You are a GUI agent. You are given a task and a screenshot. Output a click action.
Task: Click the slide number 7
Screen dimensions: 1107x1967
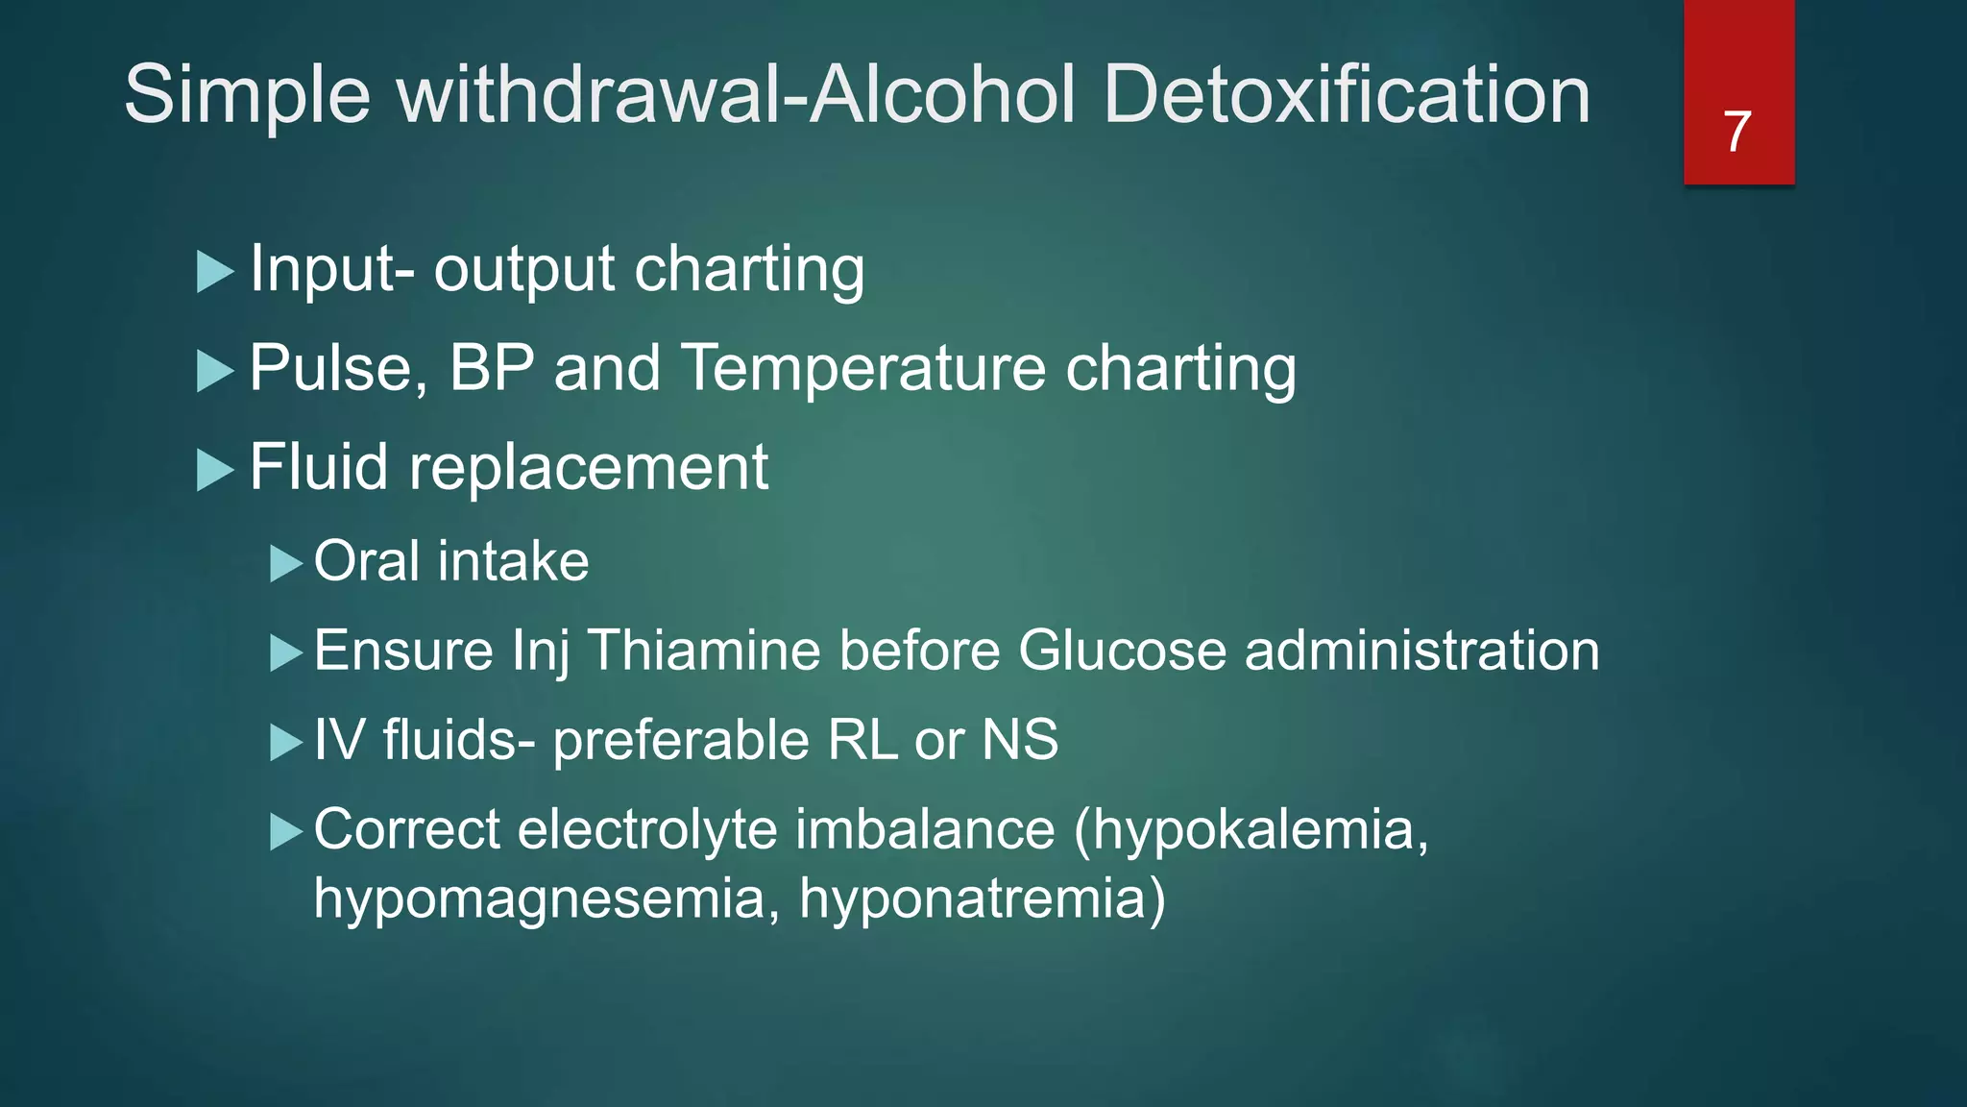click(x=1737, y=132)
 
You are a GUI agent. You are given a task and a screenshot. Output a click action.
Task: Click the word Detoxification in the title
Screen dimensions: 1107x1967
click(x=1347, y=95)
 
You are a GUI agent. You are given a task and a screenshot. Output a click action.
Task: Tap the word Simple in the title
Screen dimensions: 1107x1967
click(x=247, y=95)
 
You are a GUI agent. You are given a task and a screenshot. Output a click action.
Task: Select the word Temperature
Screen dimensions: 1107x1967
click(x=863, y=368)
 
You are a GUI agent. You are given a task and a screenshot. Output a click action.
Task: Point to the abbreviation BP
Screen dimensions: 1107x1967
click(x=492, y=368)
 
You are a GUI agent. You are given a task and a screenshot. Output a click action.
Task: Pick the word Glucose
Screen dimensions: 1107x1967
click(x=1122, y=651)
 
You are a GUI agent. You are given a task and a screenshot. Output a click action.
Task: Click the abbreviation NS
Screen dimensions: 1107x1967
click(x=1020, y=740)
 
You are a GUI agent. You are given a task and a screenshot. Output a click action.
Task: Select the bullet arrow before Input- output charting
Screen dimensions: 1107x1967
click(x=215, y=272)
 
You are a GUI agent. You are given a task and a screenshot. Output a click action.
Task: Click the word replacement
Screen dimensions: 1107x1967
click(x=589, y=468)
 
